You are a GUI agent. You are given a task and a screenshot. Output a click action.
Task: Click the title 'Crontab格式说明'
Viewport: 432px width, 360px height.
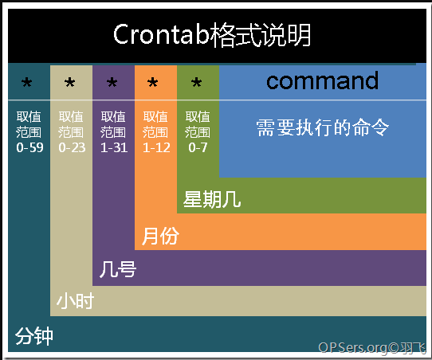click(212, 35)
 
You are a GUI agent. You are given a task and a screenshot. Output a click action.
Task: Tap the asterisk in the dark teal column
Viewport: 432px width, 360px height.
click(27, 82)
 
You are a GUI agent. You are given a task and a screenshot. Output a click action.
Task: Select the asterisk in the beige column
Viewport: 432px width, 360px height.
click(69, 82)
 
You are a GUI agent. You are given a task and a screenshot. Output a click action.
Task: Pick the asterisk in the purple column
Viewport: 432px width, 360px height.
click(112, 82)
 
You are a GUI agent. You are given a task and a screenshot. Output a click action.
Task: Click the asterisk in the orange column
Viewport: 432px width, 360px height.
click(152, 82)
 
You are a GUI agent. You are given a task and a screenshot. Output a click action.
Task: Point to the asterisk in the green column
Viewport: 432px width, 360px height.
click(196, 82)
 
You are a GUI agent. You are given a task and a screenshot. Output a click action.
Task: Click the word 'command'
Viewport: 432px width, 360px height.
click(322, 80)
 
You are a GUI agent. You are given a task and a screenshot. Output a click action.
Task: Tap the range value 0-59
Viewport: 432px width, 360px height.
click(29, 148)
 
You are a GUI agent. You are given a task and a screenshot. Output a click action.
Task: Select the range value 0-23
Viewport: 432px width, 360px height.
click(72, 148)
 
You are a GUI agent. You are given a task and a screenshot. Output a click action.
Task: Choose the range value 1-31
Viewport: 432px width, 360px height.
click(114, 148)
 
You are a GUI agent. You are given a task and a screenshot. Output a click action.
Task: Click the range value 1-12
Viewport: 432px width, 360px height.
click(156, 148)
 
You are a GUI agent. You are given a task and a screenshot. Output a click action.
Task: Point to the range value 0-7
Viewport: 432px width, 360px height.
click(198, 148)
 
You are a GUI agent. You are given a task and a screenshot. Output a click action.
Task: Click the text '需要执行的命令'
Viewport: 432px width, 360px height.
click(322, 127)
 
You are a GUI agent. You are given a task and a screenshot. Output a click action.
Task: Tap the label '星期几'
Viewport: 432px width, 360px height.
click(212, 199)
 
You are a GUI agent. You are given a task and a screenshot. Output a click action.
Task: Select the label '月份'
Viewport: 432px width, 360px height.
click(160, 236)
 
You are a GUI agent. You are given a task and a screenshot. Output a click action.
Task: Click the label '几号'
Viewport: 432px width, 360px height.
click(118, 269)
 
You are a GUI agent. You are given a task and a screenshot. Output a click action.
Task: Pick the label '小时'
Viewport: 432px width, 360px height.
click(75, 301)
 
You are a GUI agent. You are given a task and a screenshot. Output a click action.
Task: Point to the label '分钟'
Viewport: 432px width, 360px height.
click(34, 336)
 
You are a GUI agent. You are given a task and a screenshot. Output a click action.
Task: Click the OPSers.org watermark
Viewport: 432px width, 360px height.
click(372, 348)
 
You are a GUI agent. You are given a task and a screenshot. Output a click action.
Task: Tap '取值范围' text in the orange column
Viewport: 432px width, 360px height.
click(155, 124)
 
